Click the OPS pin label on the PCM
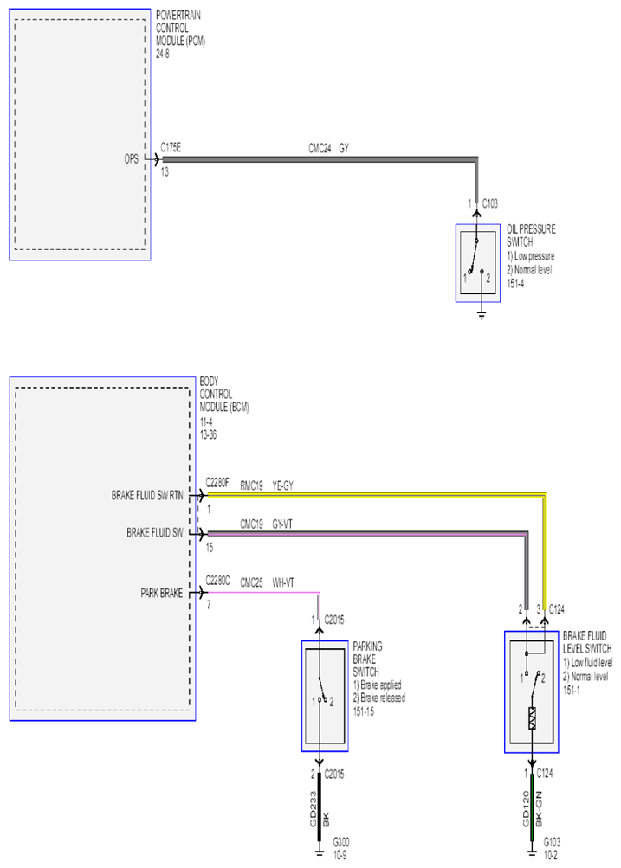click(132, 159)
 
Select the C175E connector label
click(171, 147)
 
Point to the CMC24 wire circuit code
click(320, 148)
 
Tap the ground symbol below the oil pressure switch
click(482, 316)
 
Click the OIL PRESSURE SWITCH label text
click(531, 235)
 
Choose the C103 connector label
click(489, 203)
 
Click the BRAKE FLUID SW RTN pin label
click(146, 496)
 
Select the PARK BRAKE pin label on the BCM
click(161, 593)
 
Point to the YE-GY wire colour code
click(282, 486)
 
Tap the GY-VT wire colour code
click(282, 524)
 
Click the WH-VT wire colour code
click(283, 582)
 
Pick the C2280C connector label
click(217, 581)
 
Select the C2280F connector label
click(217, 483)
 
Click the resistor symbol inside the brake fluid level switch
click(533, 718)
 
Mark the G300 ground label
click(341, 842)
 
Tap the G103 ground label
click(552, 842)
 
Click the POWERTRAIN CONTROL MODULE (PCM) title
click(181, 28)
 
